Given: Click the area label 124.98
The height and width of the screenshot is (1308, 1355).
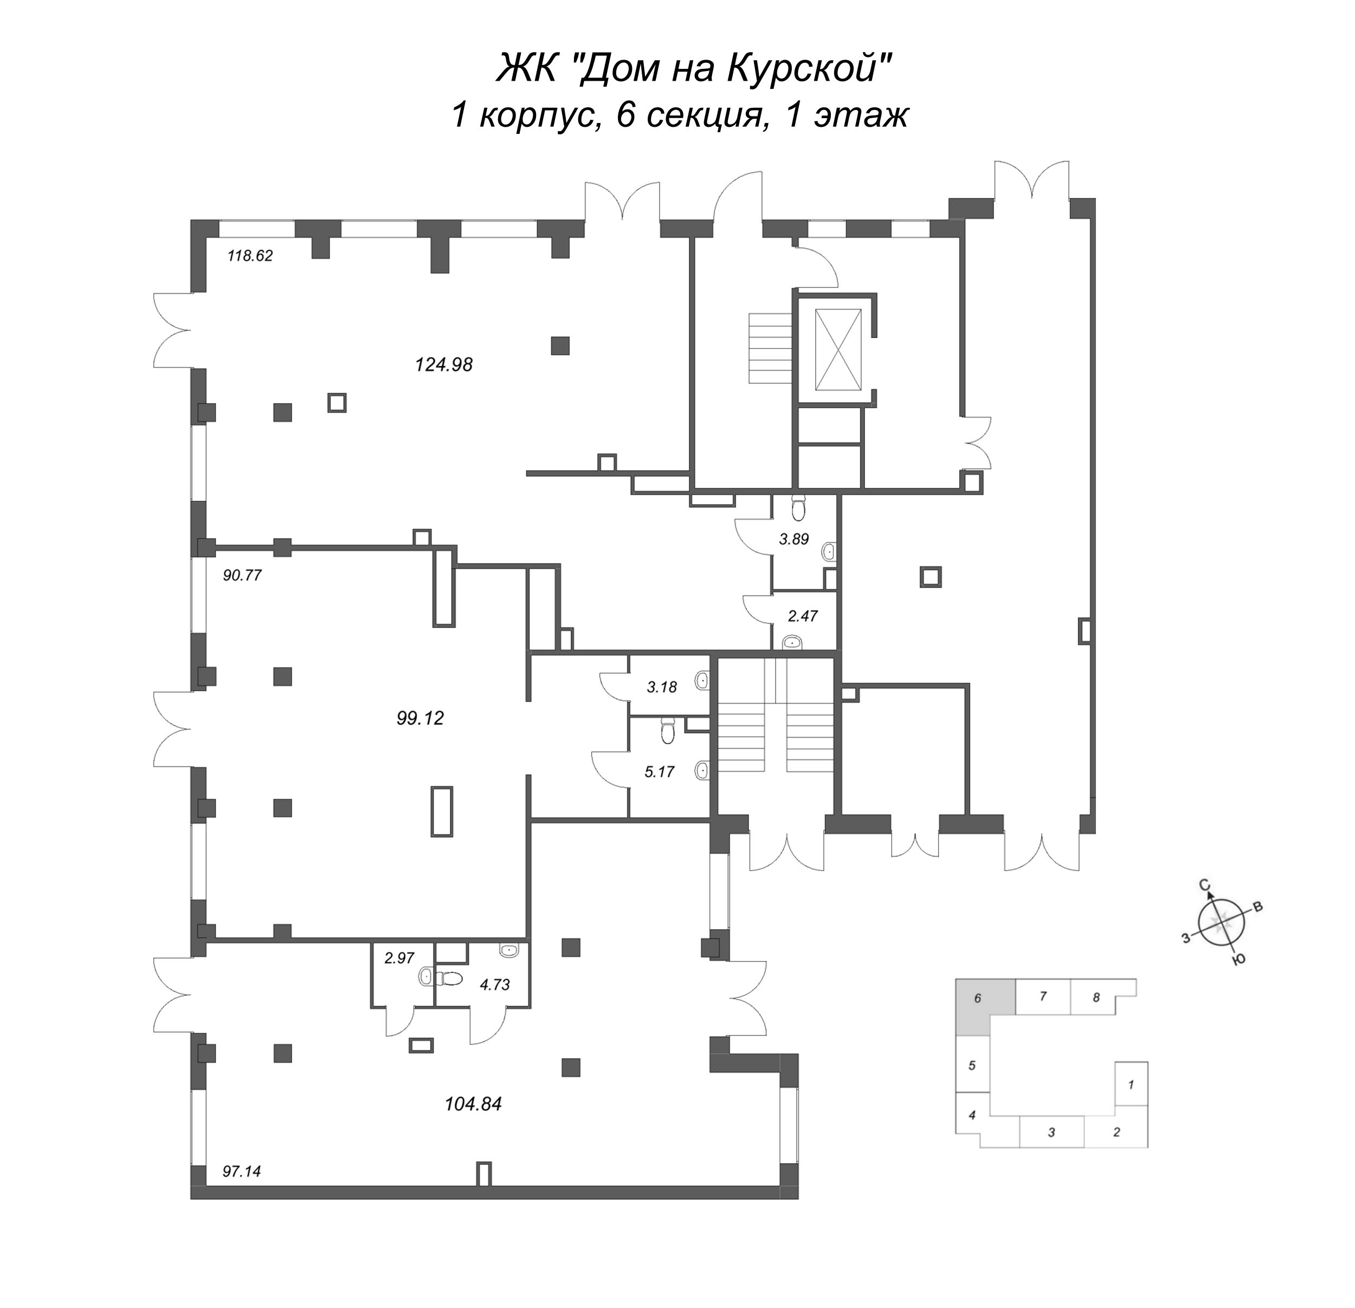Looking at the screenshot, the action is click(443, 364).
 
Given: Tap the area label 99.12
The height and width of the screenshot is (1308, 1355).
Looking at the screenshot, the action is click(421, 718).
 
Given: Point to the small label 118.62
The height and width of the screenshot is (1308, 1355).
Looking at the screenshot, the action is click(250, 256).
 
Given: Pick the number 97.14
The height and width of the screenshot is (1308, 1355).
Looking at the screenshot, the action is click(242, 1171).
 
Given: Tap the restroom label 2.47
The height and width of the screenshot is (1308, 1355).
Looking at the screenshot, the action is click(803, 616).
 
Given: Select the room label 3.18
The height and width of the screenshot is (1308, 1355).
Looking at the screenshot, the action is click(662, 687).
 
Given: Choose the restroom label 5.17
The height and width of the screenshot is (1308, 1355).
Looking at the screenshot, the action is click(660, 772).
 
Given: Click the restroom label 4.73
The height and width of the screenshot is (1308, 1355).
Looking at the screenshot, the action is click(494, 985).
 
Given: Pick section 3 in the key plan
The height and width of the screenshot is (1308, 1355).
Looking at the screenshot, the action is click(1051, 1132).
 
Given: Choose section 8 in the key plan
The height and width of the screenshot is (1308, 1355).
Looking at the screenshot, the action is click(1096, 997).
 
